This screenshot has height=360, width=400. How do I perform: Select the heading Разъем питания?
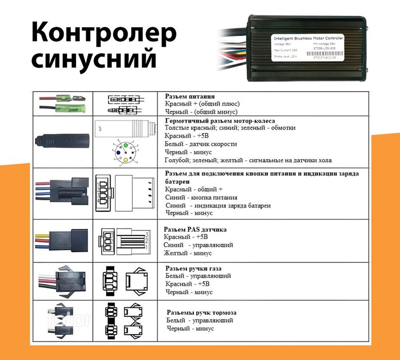click(x=189, y=96)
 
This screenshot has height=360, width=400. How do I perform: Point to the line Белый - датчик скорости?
click(x=201, y=144)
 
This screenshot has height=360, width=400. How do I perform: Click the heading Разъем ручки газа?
click(x=196, y=268)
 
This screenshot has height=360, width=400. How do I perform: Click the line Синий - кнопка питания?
click(x=201, y=197)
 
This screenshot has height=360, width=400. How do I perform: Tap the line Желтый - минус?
click(x=187, y=253)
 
